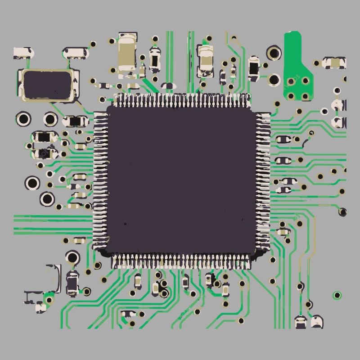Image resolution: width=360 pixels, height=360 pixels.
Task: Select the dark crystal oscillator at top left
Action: [x=47, y=85]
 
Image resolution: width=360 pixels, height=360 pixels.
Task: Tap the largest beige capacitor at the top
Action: [x=126, y=53]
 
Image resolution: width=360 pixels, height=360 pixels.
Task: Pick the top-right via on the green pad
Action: [x=306, y=81]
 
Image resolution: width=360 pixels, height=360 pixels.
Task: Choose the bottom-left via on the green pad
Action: [x=291, y=96]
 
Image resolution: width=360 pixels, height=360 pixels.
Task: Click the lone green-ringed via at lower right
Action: [x=337, y=295]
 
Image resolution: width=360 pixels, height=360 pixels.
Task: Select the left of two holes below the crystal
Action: [x=23, y=119]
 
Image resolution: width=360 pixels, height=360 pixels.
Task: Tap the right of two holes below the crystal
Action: [x=50, y=119]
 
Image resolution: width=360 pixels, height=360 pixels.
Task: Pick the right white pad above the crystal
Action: [x=75, y=53]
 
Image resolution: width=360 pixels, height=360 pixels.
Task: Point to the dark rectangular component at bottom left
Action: [x=72, y=283]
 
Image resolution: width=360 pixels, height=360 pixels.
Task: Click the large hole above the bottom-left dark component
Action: [x=72, y=257]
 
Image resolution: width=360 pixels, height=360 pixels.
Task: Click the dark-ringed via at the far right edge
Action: [x=343, y=211]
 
